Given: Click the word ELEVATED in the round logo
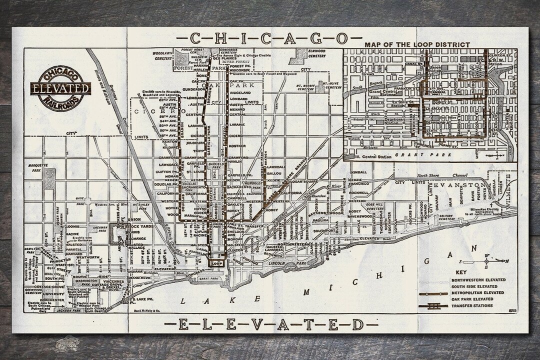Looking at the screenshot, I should click(x=59, y=89).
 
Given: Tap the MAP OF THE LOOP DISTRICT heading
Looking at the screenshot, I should click(x=417, y=44).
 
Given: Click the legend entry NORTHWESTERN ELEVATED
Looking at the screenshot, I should click(x=478, y=280).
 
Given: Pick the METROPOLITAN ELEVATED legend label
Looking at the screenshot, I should click(x=478, y=292).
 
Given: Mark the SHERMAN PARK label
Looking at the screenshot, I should click(x=104, y=229).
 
